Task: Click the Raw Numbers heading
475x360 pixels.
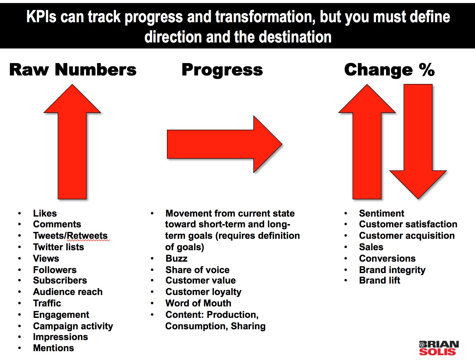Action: pyautogui.click(x=73, y=70)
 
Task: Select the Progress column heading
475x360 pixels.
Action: pyautogui.click(x=222, y=70)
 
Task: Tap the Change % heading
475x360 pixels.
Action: pyautogui.click(x=389, y=70)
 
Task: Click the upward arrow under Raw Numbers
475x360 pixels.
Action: pyautogui.click(x=72, y=142)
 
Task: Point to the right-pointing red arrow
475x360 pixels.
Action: pyautogui.click(x=224, y=144)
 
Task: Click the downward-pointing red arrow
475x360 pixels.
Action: pyautogui.click(x=418, y=142)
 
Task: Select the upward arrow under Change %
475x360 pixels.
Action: pyautogui.click(x=367, y=142)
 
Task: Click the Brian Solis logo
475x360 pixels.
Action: pyautogui.click(x=439, y=348)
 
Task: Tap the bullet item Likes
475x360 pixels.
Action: pyautogui.click(x=45, y=213)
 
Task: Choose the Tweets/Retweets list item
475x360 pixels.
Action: pyautogui.click(x=70, y=236)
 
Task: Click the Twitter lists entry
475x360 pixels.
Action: pyautogui.click(x=58, y=247)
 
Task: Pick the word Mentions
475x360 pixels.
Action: pyautogui.click(x=54, y=348)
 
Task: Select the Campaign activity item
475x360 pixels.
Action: pyautogui.click(x=73, y=326)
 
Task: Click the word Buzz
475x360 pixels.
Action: pyautogui.click(x=176, y=258)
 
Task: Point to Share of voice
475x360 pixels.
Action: pyautogui.click(x=197, y=270)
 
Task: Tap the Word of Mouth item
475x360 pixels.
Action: pyautogui.click(x=198, y=303)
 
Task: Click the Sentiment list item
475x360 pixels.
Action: pyautogui.click(x=382, y=213)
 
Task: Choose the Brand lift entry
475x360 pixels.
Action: pyautogui.click(x=380, y=280)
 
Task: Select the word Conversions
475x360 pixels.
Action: pyautogui.click(x=387, y=258)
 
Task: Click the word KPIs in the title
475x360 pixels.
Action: pyautogui.click(x=41, y=17)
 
